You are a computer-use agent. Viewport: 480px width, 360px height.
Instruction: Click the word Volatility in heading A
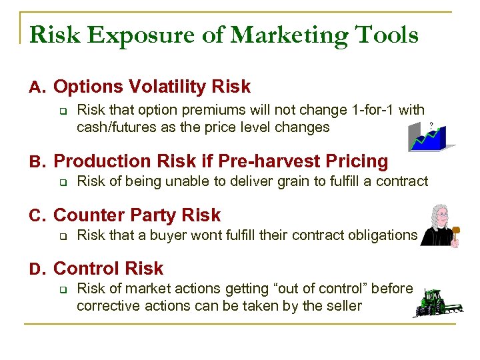tap(169, 87)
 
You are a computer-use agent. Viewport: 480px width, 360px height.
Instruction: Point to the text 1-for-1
tap(373, 110)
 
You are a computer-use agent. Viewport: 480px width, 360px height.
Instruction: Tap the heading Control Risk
tap(108, 269)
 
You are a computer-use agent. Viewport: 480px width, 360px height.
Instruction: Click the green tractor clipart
tap(437, 302)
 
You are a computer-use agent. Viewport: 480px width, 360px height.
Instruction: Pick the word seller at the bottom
tap(343, 306)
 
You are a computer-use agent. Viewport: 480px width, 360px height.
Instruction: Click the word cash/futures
tap(119, 127)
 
